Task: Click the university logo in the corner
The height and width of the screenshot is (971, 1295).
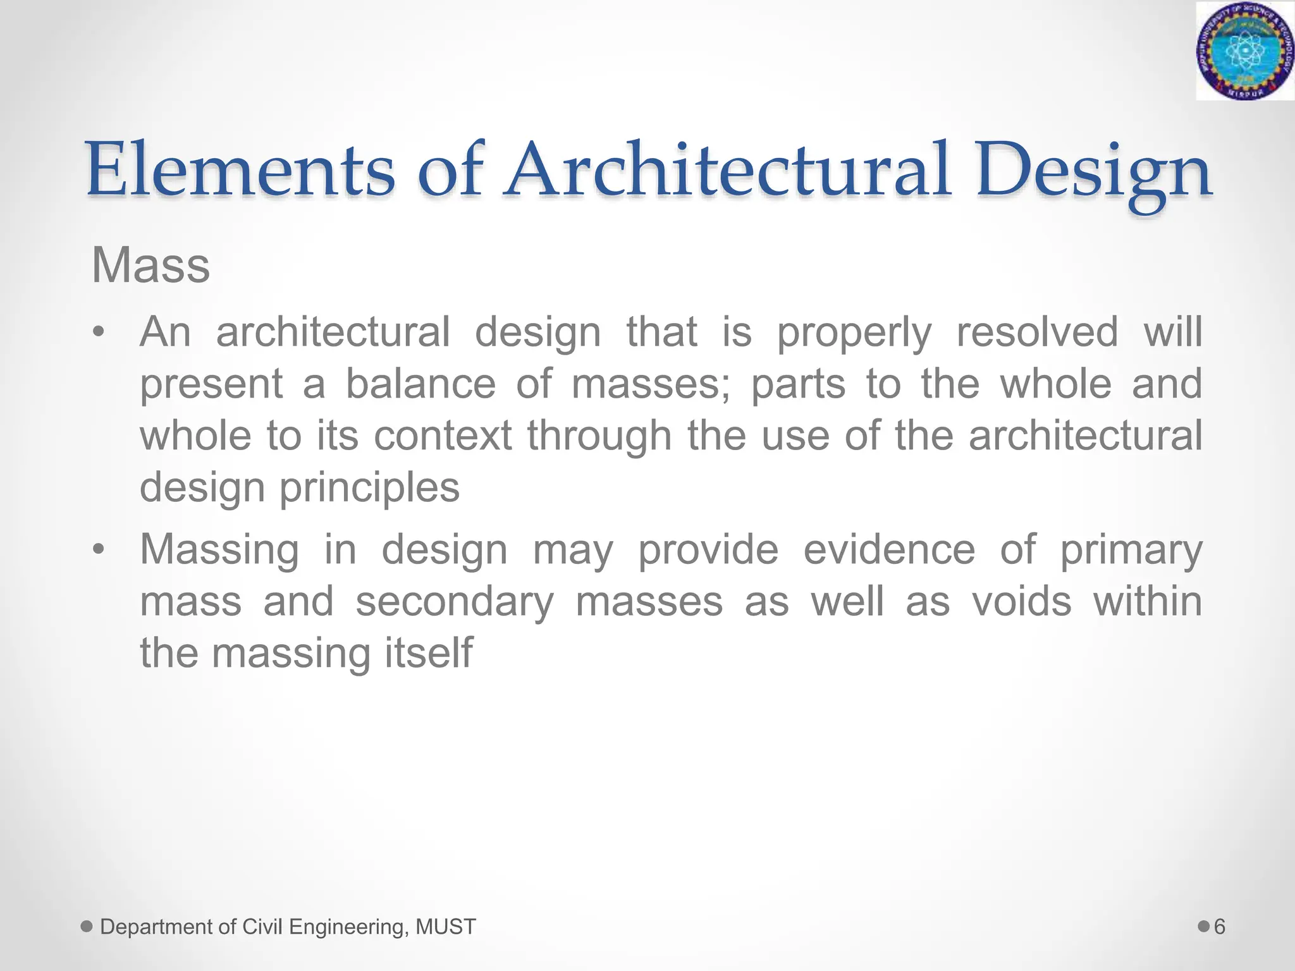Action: click(1244, 51)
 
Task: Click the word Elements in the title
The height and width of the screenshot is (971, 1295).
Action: click(240, 169)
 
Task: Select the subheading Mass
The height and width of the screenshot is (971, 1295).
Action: click(150, 266)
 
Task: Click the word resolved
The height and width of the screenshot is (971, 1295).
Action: click(1037, 331)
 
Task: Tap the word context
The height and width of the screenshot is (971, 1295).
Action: click(443, 436)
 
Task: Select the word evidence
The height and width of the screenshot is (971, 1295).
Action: click(889, 549)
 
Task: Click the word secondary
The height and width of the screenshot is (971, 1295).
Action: click(455, 602)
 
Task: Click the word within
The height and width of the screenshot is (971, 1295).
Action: click(1148, 601)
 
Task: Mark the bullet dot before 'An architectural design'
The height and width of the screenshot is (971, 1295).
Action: click(97, 333)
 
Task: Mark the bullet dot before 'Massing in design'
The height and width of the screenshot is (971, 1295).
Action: click(97, 549)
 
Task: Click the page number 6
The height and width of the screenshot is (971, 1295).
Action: click(1220, 927)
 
